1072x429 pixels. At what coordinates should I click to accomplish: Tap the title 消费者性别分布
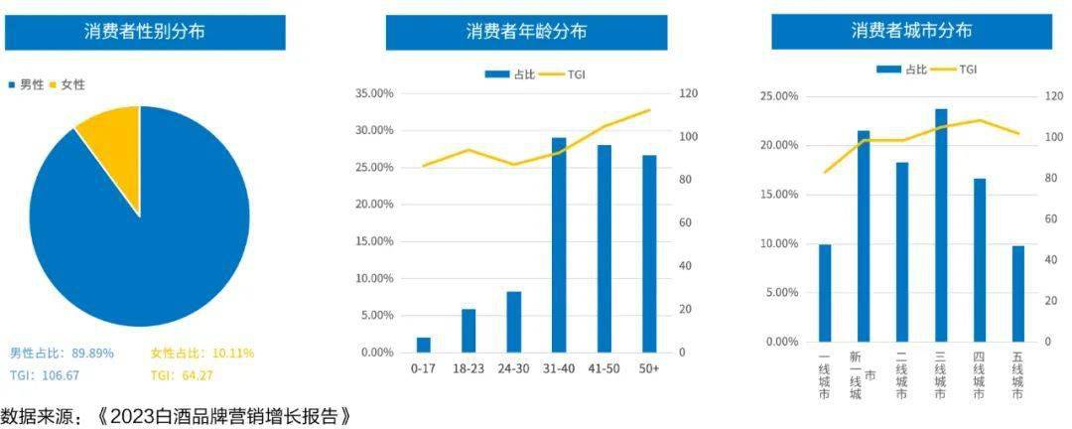[145, 31]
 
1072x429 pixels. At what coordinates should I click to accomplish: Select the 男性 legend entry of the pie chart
[27, 85]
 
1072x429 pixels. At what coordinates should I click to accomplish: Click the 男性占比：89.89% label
[62, 354]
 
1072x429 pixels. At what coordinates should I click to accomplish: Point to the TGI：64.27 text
[182, 375]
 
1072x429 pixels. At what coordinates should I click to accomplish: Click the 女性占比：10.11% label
[202, 354]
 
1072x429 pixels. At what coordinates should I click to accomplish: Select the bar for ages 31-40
[559, 248]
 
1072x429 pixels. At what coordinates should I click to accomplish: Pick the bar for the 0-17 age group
[424, 346]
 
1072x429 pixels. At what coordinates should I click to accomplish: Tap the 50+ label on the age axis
[649, 367]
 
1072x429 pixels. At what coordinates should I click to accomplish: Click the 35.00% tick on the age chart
[374, 93]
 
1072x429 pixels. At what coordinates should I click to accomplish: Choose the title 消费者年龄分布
[526, 31]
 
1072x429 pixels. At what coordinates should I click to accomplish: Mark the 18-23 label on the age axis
[469, 367]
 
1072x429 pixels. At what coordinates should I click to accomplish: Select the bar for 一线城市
[825, 293]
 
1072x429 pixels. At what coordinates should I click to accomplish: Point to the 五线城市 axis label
[1017, 375]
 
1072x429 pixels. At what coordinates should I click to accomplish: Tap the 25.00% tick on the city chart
[778, 96]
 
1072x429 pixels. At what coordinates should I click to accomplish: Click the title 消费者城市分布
[911, 31]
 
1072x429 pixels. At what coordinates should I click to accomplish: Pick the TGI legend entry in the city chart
[958, 69]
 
